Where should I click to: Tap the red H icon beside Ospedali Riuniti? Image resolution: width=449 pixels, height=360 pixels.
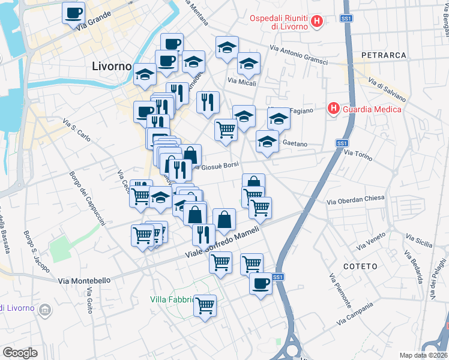pos(318,23)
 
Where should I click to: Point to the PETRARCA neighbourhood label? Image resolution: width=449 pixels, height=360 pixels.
pos(384,55)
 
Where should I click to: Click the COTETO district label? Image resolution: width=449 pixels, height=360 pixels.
pos(361,266)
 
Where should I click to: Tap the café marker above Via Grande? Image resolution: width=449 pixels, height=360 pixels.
pos(74,13)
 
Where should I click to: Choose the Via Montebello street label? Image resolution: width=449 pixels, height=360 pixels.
pos(85,280)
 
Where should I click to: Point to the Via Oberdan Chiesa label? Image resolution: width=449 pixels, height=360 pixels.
pos(356,202)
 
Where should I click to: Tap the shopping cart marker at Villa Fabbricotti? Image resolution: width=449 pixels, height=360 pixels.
pos(205,306)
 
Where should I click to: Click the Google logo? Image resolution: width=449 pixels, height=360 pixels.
pos(20,353)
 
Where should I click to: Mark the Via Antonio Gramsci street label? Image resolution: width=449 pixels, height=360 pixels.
pos(298,56)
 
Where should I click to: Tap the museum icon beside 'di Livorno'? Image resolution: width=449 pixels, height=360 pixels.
pos(44,309)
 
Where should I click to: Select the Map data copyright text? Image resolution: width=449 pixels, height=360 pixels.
pos(424,355)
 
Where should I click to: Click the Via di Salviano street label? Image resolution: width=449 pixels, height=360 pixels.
pos(387,89)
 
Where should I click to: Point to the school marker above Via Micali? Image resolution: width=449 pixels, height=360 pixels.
pos(227,48)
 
